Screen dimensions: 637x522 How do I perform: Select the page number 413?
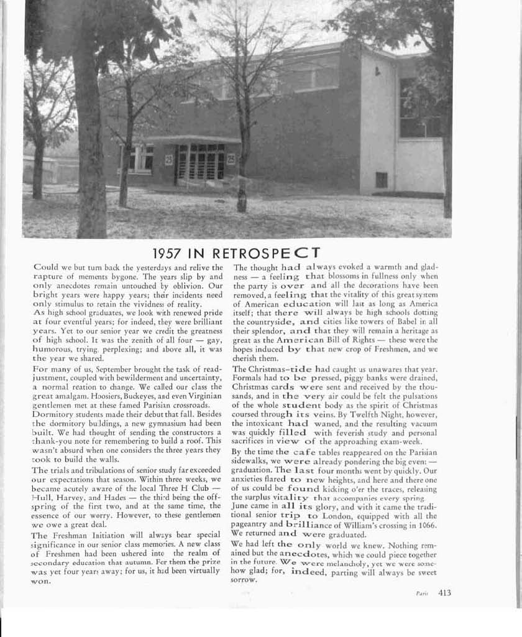coord(444,593)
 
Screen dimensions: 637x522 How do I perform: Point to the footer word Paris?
coord(422,594)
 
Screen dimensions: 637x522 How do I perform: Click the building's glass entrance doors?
coord(200,162)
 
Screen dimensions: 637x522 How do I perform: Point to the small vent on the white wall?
coord(381,180)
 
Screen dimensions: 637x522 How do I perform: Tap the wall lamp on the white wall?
coord(377,71)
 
